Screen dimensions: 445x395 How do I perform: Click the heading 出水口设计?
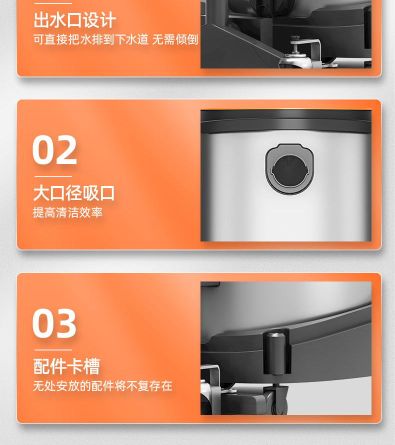tap(74, 20)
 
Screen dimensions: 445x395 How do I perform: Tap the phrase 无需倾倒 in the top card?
tap(175, 39)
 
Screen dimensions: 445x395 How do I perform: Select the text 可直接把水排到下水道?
tap(91, 39)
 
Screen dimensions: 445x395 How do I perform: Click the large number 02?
tap(55, 150)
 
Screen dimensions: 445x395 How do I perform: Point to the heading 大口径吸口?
tap(74, 193)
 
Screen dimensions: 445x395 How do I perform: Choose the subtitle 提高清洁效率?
tap(67, 212)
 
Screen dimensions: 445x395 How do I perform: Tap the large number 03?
tap(55, 324)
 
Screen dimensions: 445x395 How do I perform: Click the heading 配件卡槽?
tap(66, 366)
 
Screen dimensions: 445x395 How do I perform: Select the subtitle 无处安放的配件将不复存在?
tap(102, 386)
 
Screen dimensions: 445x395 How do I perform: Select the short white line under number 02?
tap(53, 176)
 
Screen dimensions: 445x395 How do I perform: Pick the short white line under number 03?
tap(53, 350)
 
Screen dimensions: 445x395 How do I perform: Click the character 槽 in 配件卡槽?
tap(92, 366)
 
